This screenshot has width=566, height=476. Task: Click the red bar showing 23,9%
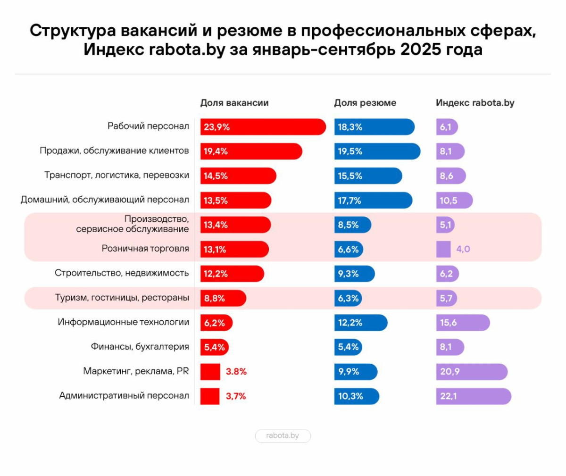pos(263,127)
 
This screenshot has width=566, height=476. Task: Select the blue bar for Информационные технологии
pos(361,323)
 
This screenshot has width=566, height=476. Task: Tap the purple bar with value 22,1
pos(473,396)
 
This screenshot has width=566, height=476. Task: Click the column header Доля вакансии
pos(234,103)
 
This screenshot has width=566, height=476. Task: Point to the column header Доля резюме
pos(365,103)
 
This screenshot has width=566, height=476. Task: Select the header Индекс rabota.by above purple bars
pos(475,103)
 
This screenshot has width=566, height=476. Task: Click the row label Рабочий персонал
pos(148,126)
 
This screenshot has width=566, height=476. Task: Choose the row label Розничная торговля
pos(145,249)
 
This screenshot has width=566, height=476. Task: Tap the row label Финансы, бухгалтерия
pos(140,347)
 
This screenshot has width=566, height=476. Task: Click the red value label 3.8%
pos(236,372)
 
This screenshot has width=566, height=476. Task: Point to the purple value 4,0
pos(463,249)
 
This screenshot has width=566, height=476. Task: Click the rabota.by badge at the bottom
pos(283,435)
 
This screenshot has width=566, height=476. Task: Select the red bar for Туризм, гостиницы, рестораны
pos(223,298)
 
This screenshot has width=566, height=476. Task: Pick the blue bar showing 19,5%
pos(377,151)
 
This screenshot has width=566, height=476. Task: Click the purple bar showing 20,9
pos(471,372)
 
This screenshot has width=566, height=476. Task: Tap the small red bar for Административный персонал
pos(210,396)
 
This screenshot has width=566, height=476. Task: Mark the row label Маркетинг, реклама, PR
pos(136,371)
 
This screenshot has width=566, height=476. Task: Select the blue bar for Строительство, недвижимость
pos(355,274)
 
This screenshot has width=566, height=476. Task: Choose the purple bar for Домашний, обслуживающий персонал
pos(454,200)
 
